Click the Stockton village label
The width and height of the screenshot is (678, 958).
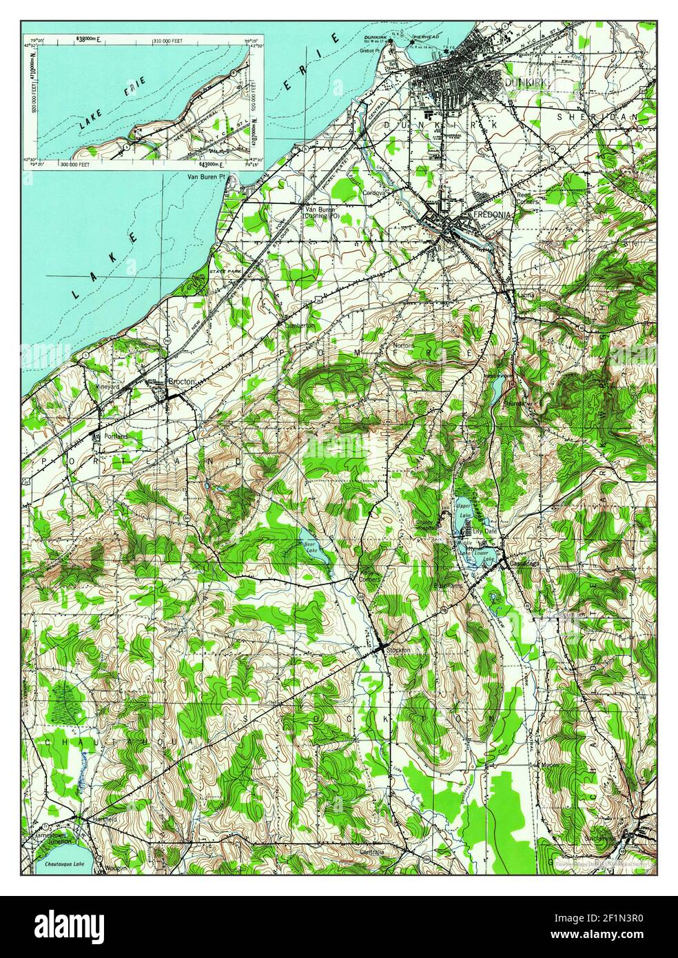tap(398, 650)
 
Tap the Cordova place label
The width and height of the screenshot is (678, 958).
tap(377, 193)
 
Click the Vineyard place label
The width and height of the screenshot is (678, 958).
tap(106, 387)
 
